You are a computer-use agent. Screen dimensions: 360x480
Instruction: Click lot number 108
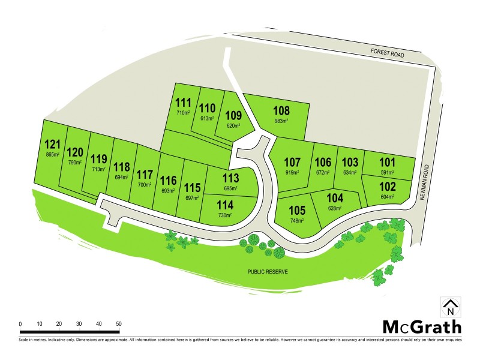(x=281, y=110)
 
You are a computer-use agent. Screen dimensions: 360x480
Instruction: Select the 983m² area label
(x=281, y=121)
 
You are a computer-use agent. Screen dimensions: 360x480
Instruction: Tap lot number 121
(x=53, y=144)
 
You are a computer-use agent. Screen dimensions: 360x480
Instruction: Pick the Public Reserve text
(x=268, y=272)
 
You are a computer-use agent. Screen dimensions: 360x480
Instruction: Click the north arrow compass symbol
(x=451, y=307)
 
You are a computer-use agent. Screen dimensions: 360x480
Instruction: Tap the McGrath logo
(x=422, y=327)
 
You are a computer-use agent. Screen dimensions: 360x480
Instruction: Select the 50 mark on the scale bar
(x=118, y=324)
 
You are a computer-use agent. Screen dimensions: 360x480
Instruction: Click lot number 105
(x=298, y=211)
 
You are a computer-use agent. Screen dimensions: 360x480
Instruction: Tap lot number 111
(x=183, y=102)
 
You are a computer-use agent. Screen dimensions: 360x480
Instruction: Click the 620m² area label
(x=233, y=126)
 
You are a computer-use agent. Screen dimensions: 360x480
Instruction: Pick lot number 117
(x=145, y=175)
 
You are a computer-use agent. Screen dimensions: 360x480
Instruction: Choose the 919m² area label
(x=292, y=172)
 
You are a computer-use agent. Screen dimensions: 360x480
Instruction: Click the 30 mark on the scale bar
(x=79, y=324)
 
